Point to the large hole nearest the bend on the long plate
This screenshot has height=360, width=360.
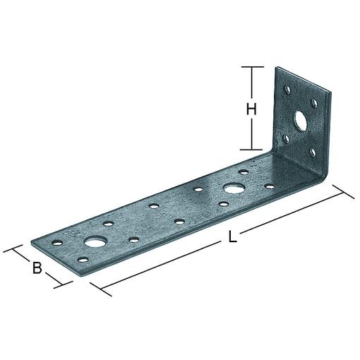pyautogui.click(x=232, y=188)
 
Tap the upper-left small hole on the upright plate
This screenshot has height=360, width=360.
pyautogui.click(x=287, y=90)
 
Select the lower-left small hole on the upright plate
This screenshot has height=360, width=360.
pyautogui.click(x=286, y=139)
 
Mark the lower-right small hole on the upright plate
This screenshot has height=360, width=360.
pyautogui.click(x=313, y=151)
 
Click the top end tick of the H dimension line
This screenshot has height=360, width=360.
pyautogui.click(x=248, y=66)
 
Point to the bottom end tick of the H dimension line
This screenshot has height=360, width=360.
pyautogui.click(x=248, y=149)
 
